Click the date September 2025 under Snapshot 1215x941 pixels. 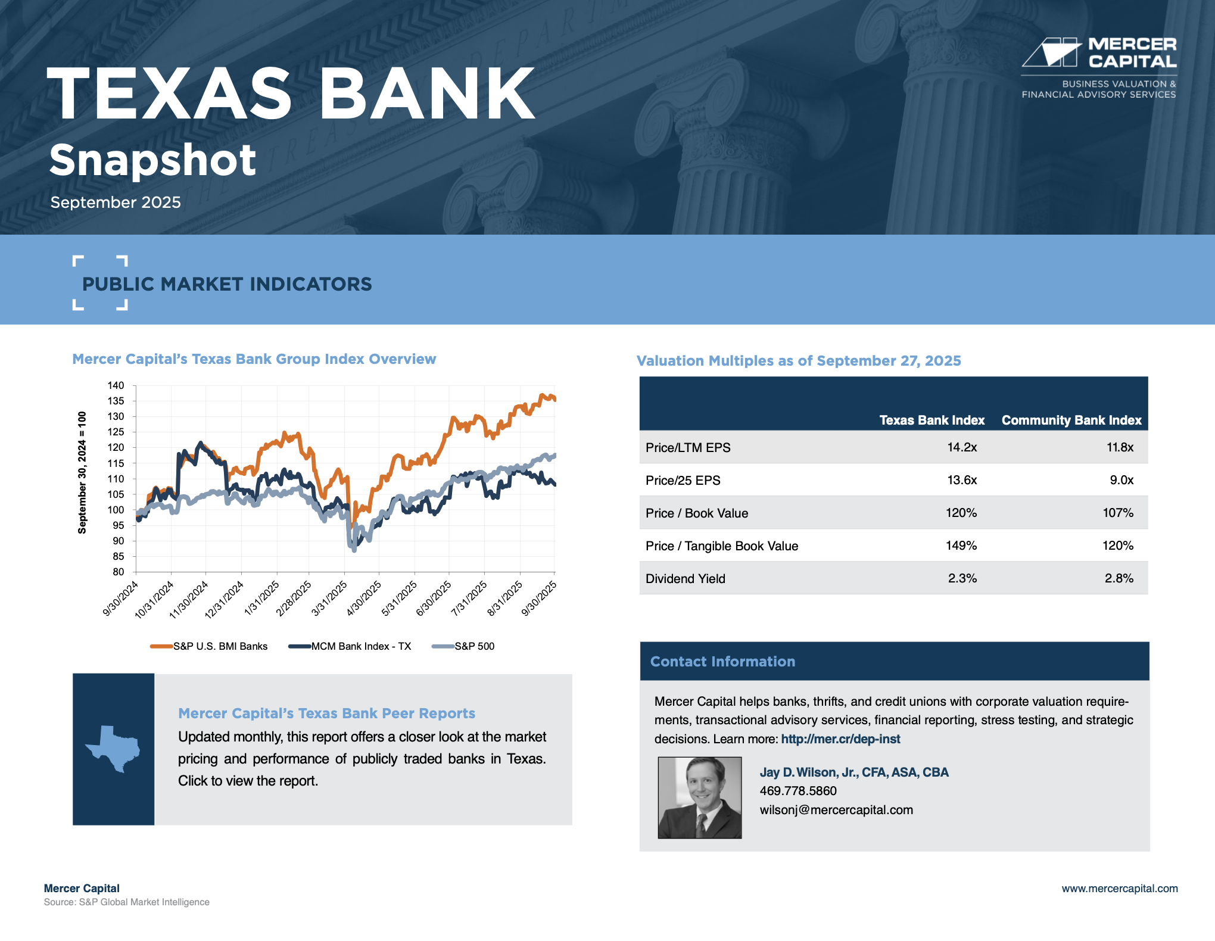116,202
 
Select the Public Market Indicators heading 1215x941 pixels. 227,284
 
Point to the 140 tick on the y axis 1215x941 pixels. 116,385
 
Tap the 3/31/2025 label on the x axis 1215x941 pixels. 330,599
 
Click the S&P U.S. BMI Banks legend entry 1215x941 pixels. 209,646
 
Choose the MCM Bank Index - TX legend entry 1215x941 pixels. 350,646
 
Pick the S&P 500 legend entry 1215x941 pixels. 463,646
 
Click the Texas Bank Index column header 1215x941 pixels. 932,420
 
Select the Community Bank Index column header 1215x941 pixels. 1071,420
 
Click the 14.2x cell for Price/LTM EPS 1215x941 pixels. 962,447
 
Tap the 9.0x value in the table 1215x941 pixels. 1121,480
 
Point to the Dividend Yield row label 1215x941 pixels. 686,578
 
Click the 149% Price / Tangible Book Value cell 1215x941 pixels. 961,546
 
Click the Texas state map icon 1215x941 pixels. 113,749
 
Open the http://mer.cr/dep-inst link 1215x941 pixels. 840,739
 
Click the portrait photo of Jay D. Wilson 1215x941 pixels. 700,797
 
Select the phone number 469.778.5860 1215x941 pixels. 798,791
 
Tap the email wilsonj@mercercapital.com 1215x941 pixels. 836,810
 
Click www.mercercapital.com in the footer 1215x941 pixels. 1120,889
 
